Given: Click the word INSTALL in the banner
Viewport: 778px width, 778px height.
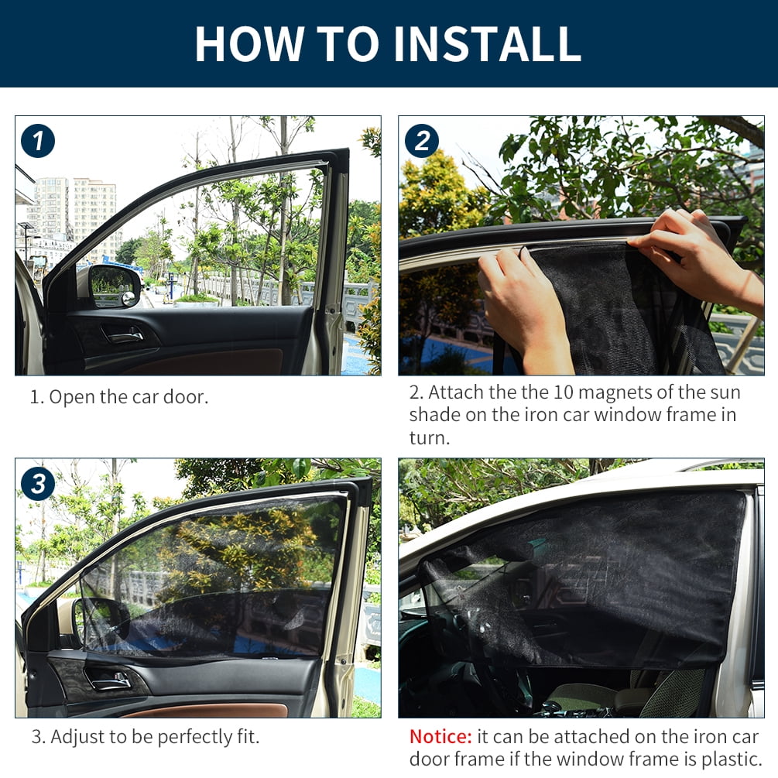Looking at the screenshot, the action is coord(487,43).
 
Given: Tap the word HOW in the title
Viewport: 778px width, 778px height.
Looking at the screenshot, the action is coord(249,43).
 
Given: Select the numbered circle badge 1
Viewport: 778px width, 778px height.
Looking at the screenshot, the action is coord(38,141).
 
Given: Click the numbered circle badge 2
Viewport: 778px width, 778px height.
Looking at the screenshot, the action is coord(422,141).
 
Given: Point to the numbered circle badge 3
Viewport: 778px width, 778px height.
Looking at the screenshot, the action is coord(38,484).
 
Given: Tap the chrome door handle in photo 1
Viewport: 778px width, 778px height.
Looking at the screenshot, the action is coord(122,335).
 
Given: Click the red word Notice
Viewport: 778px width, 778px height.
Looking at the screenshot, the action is coord(440,736).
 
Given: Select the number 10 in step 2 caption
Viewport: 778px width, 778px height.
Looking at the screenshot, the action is coord(563,392).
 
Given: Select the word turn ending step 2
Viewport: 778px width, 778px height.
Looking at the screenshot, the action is coord(429,437).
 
